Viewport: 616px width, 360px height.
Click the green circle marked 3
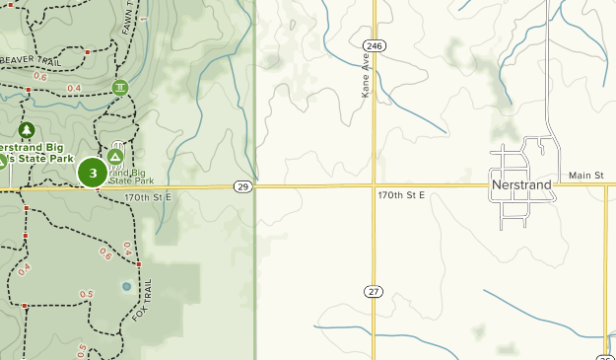pyautogui.click(x=93, y=173)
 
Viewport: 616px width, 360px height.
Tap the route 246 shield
pyautogui.click(x=374, y=45)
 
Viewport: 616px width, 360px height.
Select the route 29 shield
pyautogui.click(x=241, y=185)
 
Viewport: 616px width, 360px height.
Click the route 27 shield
pyautogui.click(x=373, y=291)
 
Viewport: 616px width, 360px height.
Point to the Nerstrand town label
pyautogui.click(x=520, y=184)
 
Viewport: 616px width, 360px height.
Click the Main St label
pyautogui.click(x=585, y=176)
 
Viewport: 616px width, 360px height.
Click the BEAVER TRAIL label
pyautogui.click(x=31, y=59)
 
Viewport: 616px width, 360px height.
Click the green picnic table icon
pyautogui.click(x=120, y=88)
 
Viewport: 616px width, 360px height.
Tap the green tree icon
pyautogui.click(x=27, y=129)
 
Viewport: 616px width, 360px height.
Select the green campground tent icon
pyautogui.click(x=116, y=156)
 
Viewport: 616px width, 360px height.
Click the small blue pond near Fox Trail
pyautogui.click(x=126, y=286)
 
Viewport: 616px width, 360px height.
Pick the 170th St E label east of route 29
pyautogui.click(x=400, y=195)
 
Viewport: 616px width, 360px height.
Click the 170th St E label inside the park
pyautogui.click(x=148, y=197)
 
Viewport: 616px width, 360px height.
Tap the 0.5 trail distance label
pyautogui.click(x=86, y=294)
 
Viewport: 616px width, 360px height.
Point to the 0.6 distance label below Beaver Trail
pyautogui.click(x=40, y=76)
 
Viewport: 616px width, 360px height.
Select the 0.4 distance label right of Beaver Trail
pyautogui.click(x=74, y=89)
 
